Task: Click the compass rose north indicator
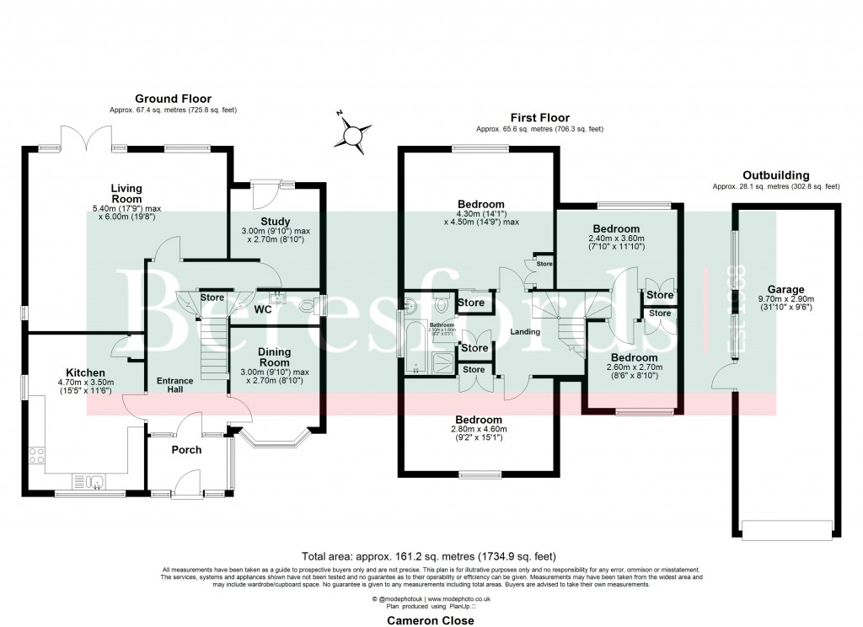pyautogui.click(x=356, y=134)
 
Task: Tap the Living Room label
pyautogui.click(x=127, y=193)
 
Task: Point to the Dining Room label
pyautogui.click(x=275, y=356)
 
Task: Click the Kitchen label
pyautogui.click(x=85, y=372)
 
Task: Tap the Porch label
pyautogui.click(x=186, y=449)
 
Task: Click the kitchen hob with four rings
pyautogui.click(x=38, y=456)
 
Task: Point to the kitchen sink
pyautogui.click(x=96, y=482)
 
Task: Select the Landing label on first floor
pyautogui.click(x=524, y=332)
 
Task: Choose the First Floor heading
pyautogui.click(x=539, y=118)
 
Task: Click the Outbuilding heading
pyautogui.click(x=775, y=174)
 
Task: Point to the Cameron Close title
pyautogui.click(x=430, y=620)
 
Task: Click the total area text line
pyautogui.click(x=430, y=556)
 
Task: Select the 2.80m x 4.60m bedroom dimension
pyautogui.click(x=480, y=431)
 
